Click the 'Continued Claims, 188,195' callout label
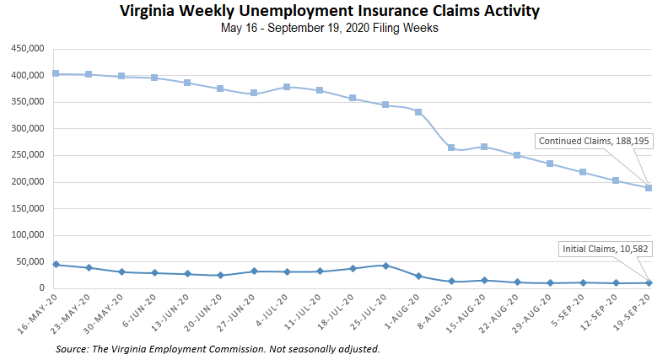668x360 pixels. [x=594, y=141]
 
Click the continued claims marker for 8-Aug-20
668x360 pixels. [x=451, y=148]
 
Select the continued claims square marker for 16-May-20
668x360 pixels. [x=56, y=73]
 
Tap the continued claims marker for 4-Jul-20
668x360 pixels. [x=287, y=87]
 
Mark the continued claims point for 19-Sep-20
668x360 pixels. [x=649, y=188]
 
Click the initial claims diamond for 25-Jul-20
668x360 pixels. [x=385, y=266]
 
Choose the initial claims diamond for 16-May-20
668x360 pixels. [x=56, y=265]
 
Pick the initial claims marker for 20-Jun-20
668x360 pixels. [x=220, y=275]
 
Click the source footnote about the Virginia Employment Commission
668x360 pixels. [x=218, y=348]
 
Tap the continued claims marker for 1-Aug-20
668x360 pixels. [x=418, y=111]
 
